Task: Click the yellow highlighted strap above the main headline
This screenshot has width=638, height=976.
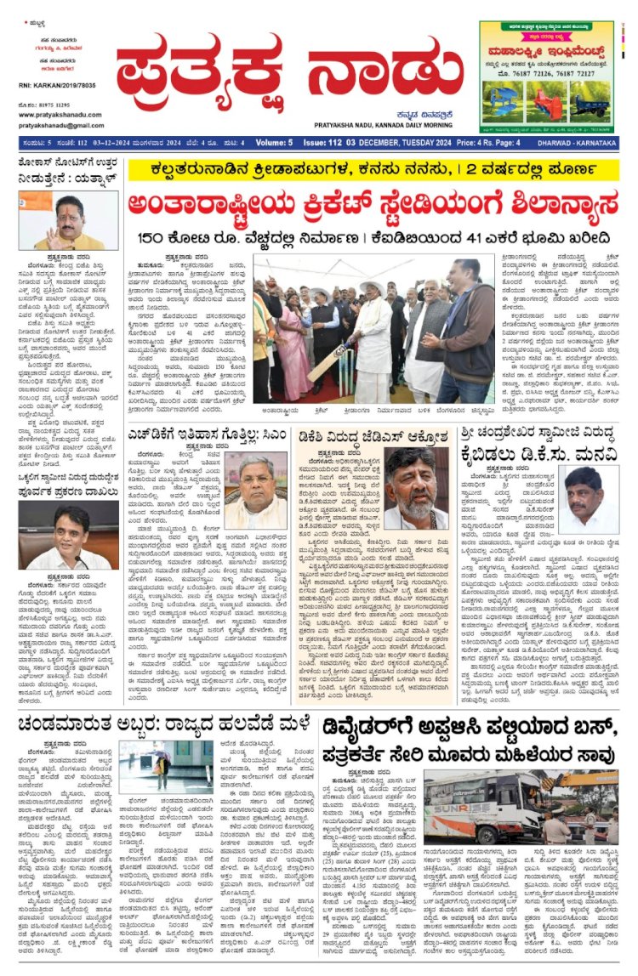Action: pyautogui.click(x=374, y=171)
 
